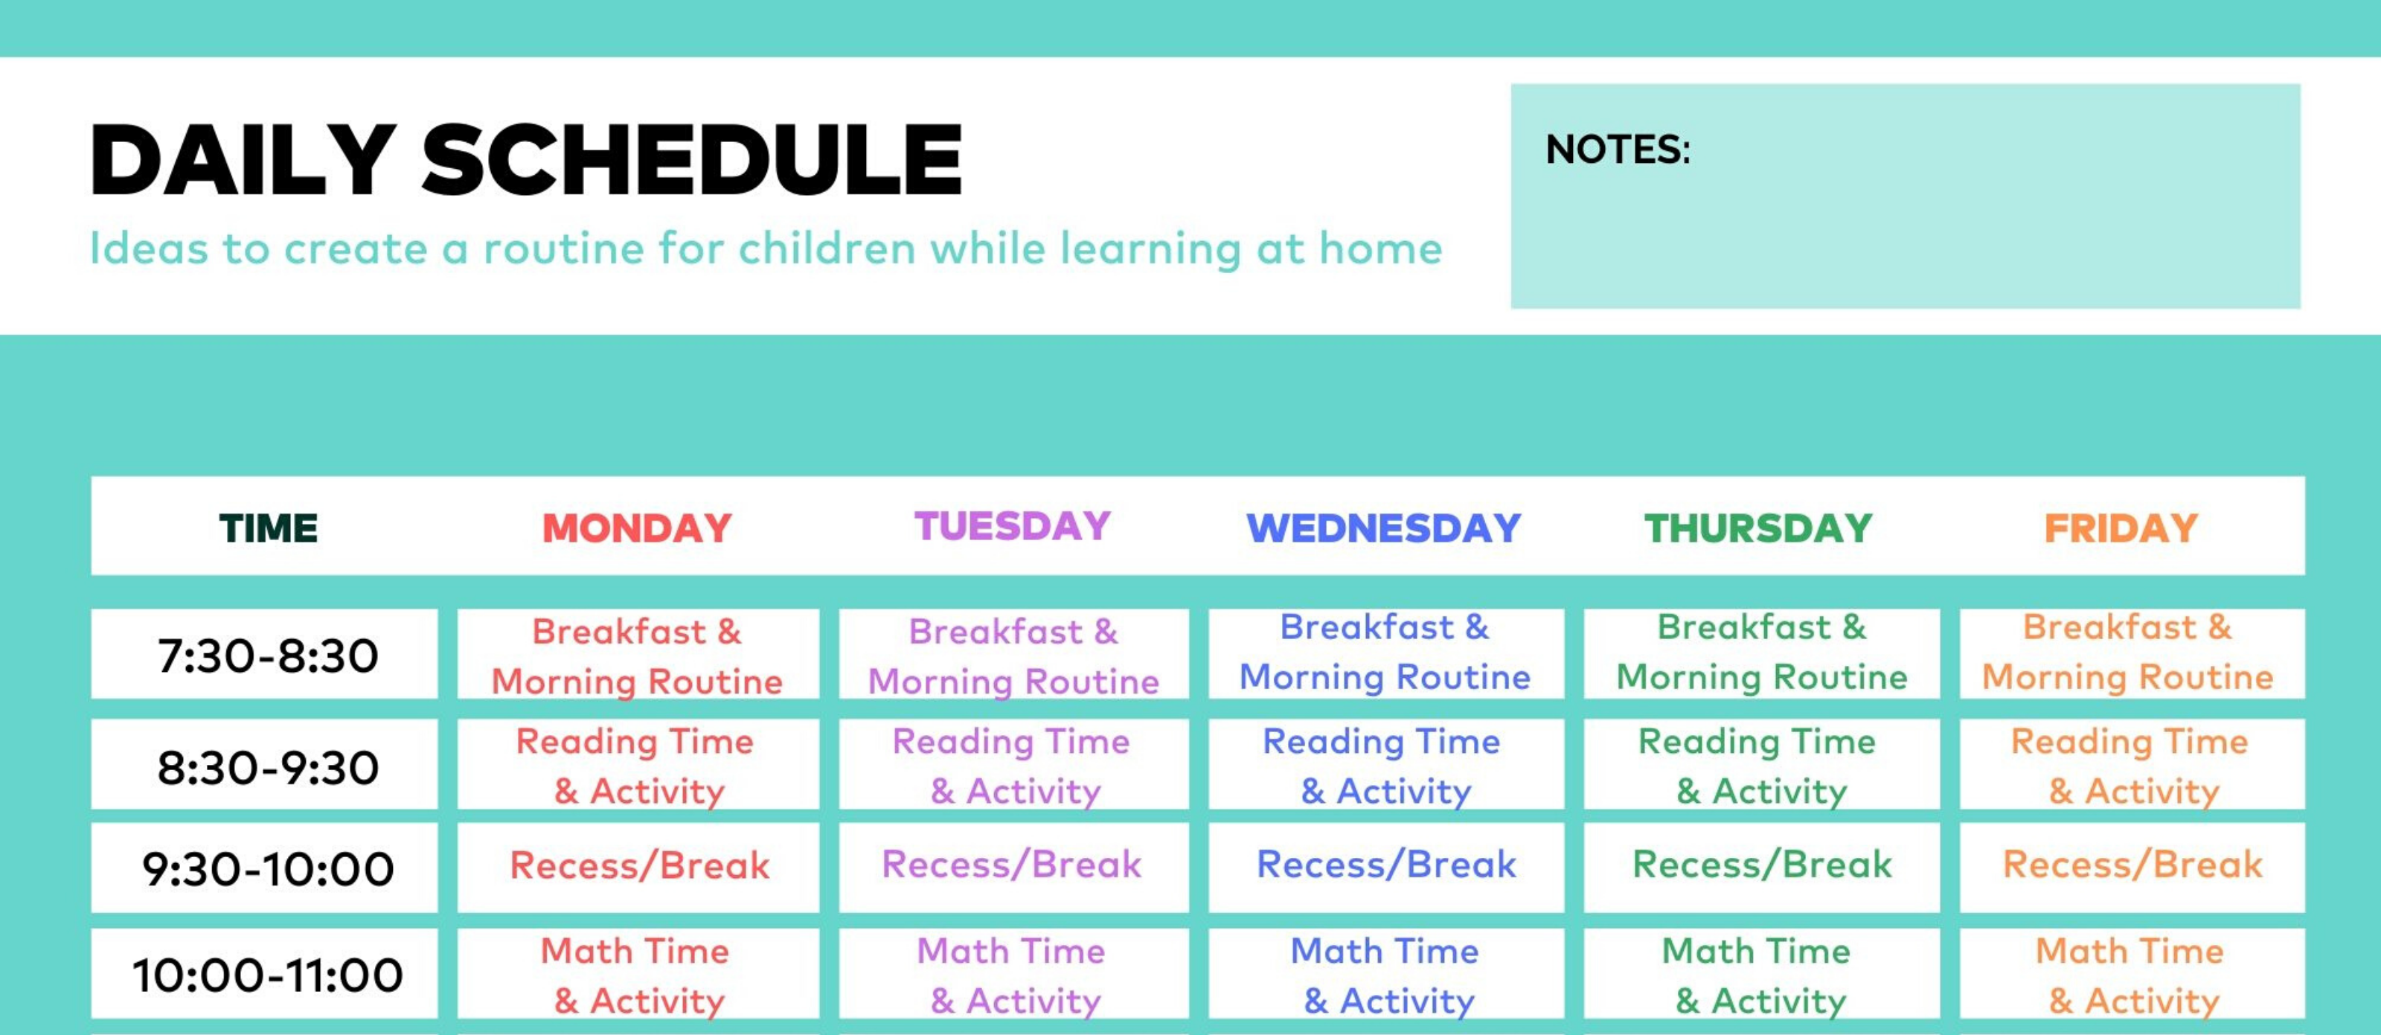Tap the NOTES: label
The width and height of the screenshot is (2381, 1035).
coord(1618,150)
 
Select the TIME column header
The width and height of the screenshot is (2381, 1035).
coord(268,528)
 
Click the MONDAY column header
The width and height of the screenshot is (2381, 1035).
coord(637,528)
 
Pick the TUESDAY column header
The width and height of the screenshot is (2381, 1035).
coord(1012,526)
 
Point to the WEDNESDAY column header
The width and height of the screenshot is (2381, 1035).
coord(1384,528)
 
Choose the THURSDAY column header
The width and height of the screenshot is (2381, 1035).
coord(1758,528)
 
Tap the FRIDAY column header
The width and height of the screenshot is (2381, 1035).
coord(2121,528)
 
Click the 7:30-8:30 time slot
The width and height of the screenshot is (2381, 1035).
coord(268,656)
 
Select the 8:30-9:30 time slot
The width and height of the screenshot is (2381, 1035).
coord(268,767)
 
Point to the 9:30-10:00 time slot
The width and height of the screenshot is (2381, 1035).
coord(268,868)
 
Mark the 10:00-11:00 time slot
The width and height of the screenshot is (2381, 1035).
coord(268,975)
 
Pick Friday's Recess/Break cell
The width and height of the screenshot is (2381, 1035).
coord(2132,865)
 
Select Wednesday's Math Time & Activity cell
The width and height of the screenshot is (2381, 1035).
coord(1385,975)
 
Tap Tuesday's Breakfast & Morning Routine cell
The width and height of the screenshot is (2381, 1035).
coord(1013,656)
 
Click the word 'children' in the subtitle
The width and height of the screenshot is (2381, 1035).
coord(827,249)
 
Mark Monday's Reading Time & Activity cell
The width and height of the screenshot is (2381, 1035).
coord(637,766)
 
